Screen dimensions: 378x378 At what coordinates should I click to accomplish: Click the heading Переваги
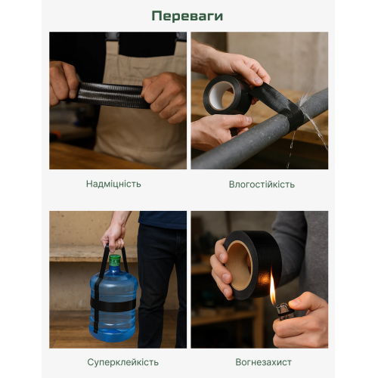click(x=187, y=16)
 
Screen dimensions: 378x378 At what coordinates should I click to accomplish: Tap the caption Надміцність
click(x=113, y=184)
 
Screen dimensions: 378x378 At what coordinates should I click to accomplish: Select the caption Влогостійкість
click(x=262, y=184)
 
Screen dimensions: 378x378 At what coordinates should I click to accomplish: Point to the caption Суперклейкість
click(x=123, y=362)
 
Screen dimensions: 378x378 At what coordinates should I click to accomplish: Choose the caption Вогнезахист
click(x=263, y=362)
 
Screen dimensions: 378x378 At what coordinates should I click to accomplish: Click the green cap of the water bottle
click(x=115, y=260)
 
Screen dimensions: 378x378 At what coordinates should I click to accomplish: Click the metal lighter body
click(x=284, y=311)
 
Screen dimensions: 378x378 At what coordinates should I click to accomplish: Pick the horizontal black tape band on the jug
click(x=113, y=305)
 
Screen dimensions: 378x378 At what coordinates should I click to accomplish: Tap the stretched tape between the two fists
click(x=111, y=95)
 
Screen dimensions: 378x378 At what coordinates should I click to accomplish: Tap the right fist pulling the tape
click(x=165, y=97)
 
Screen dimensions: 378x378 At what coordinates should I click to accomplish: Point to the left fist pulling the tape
click(x=63, y=83)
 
